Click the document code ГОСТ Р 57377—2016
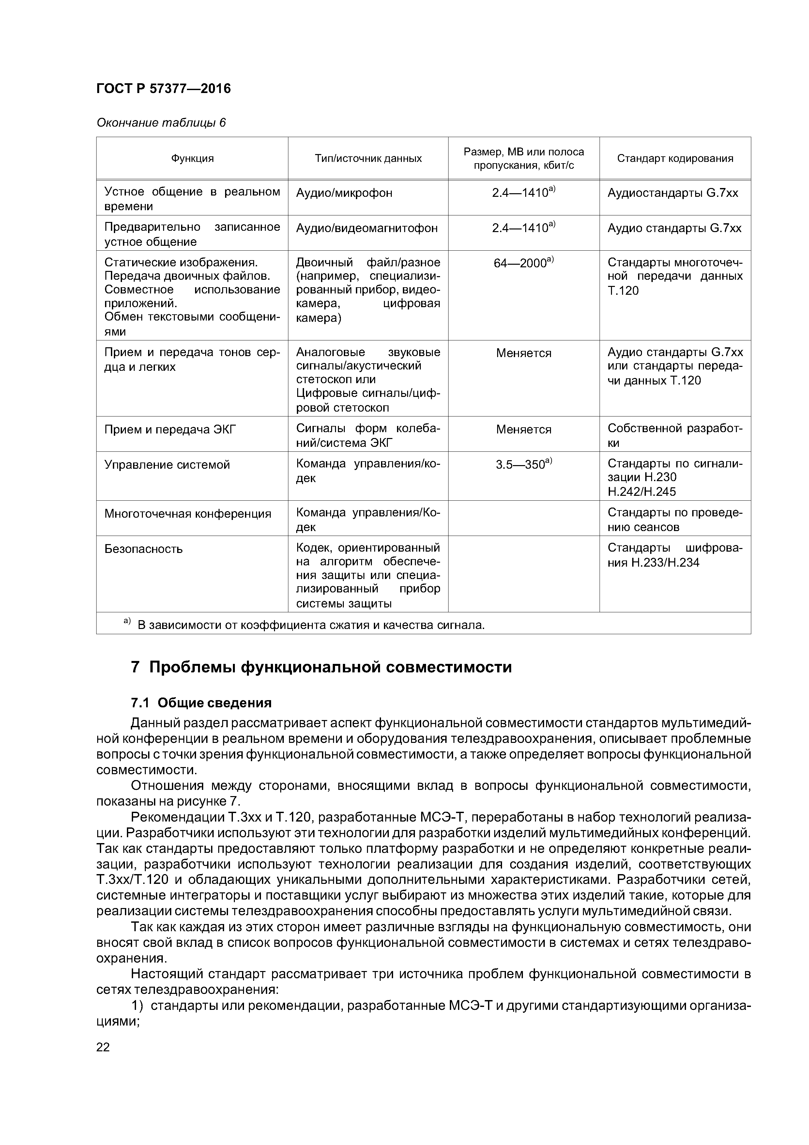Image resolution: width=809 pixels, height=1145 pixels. pos(163,89)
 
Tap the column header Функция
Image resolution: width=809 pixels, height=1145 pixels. pos(192,159)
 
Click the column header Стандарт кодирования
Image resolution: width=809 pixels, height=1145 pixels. pos(675,159)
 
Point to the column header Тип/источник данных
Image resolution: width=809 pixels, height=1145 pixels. pos(368,159)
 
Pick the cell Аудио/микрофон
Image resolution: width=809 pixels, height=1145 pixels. pos(344,193)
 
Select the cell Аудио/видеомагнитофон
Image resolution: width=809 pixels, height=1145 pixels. pos(367,228)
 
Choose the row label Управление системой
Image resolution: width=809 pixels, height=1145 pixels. pos(167,465)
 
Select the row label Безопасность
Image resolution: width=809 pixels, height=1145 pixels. pos(144,549)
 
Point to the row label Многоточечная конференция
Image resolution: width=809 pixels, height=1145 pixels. pos(188,514)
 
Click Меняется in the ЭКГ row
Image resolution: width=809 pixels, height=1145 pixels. pos(523,430)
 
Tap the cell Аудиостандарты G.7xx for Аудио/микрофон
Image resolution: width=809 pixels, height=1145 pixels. pos(672,193)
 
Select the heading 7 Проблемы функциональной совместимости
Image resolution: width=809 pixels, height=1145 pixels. pos(322,667)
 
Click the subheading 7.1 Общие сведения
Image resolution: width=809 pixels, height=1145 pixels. pos(201,703)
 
